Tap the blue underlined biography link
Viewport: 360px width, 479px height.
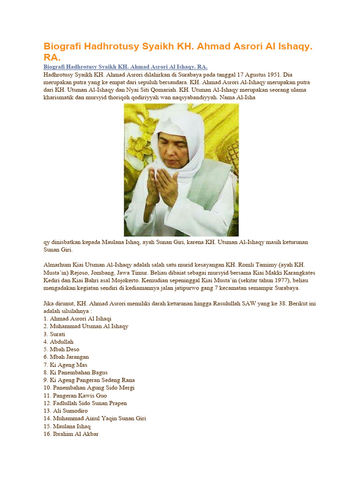125,67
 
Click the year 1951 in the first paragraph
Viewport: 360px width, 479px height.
266,75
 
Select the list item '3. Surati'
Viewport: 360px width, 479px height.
54,334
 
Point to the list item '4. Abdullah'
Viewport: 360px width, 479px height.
59,341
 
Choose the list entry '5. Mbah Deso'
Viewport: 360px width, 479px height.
61,349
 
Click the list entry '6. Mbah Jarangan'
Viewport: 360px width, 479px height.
66,357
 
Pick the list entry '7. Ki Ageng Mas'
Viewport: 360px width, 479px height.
66,365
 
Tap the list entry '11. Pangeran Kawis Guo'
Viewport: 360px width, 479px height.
75,395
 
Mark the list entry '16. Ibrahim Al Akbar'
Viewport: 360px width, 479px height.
71,434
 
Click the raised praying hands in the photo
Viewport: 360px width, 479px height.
162,185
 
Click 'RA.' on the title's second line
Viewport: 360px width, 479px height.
52,58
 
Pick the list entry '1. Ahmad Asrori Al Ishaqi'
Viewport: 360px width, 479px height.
77,319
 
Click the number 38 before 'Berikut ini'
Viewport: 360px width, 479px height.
272,304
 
